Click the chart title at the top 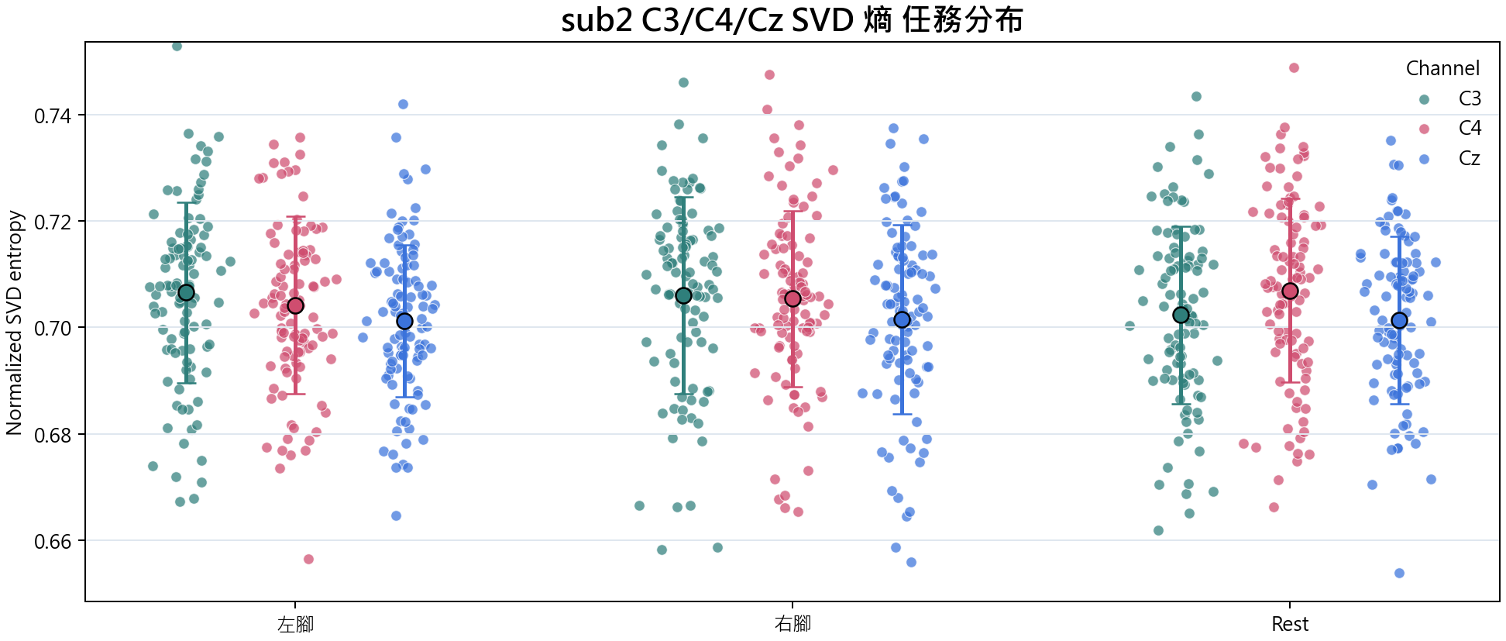tap(792, 20)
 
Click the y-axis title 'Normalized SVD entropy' tap(14, 322)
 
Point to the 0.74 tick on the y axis tap(53, 116)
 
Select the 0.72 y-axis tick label tap(53, 222)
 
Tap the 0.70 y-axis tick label tap(53, 329)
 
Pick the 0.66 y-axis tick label tap(53, 542)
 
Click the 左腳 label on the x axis tap(295, 624)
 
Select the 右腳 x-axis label tap(793, 624)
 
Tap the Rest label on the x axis tap(1290, 624)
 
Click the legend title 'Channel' tap(1442, 68)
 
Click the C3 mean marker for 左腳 tap(186, 292)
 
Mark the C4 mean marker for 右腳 tap(793, 298)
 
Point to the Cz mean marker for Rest tap(1399, 321)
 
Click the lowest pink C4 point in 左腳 tap(308, 559)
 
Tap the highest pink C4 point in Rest tap(1294, 67)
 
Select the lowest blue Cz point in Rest tap(1399, 573)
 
